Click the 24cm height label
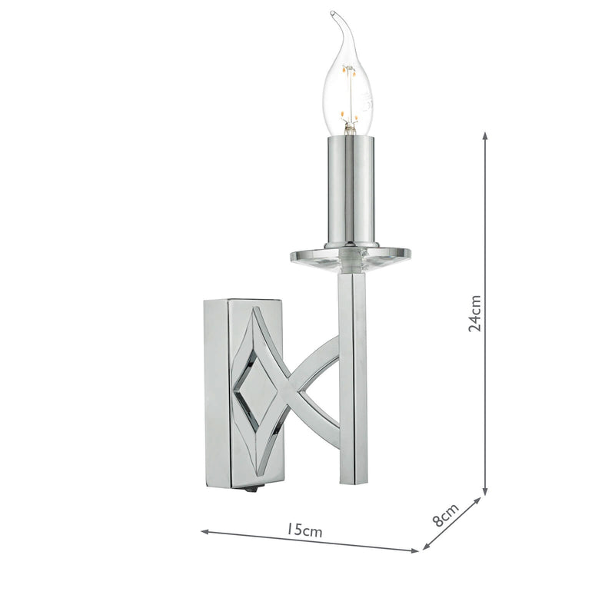coord(476,313)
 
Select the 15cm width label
coord(304,530)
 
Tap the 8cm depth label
coord(445,514)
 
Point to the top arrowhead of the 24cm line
coord(485,135)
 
